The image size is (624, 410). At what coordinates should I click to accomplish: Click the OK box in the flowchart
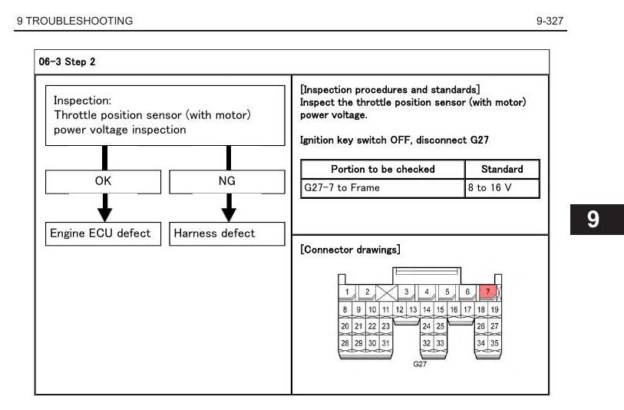(x=103, y=182)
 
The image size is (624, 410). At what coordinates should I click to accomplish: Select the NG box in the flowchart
(x=227, y=182)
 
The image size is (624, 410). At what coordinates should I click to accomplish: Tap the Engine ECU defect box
(x=103, y=233)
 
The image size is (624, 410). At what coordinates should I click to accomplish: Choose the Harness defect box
(x=227, y=233)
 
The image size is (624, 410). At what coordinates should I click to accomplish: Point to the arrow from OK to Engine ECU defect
(x=104, y=208)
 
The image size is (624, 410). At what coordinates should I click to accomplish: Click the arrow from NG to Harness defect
(x=229, y=208)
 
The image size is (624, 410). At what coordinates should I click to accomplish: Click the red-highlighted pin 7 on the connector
(x=487, y=293)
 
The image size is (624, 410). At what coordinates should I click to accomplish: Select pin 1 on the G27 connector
(x=347, y=293)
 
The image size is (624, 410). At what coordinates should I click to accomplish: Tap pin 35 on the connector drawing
(x=494, y=343)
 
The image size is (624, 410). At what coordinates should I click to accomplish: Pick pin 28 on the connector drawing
(x=345, y=343)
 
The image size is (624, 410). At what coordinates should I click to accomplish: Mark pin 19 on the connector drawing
(x=494, y=309)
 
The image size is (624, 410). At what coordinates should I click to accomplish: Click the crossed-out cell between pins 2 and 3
(x=387, y=293)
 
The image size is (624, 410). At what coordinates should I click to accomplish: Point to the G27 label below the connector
(x=420, y=364)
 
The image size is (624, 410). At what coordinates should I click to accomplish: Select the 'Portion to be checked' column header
(x=383, y=169)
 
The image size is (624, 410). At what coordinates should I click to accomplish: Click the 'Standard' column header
(x=502, y=169)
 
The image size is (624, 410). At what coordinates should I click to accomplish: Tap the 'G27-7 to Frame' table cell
(x=383, y=188)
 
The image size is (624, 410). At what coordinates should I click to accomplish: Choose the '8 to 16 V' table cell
(x=502, y=188)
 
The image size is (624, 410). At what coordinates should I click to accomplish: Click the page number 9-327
(x=550, y=21)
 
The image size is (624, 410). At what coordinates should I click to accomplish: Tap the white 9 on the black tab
(x=593, y=220)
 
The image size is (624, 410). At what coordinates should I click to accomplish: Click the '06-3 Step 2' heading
(x=67, y=61)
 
